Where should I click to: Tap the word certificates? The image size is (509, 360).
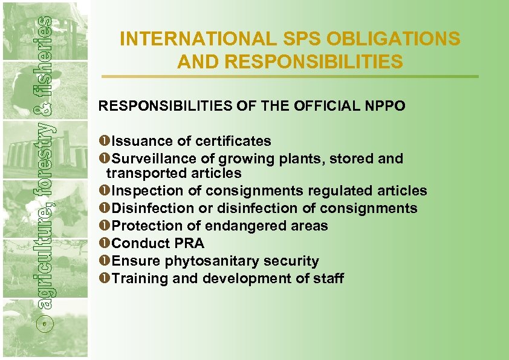pos(233,141)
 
